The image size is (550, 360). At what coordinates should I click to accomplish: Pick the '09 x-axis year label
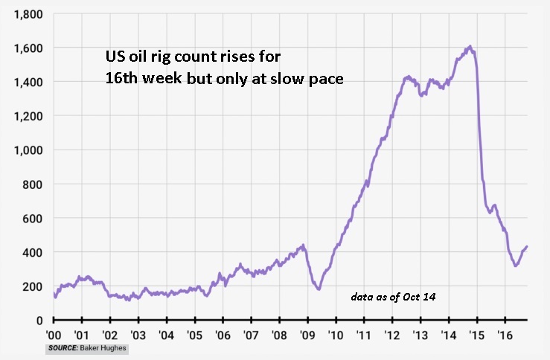[x=307, y=335]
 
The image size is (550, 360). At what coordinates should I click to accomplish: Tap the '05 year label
[x=194, y=335]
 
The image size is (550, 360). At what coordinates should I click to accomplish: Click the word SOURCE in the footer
[x=64, y=348]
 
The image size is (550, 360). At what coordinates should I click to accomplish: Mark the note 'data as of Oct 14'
[x=393, y=297]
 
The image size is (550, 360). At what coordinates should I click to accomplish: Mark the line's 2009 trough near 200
[x=319, y=289]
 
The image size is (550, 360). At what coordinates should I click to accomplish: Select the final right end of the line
[x=527, y=247]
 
